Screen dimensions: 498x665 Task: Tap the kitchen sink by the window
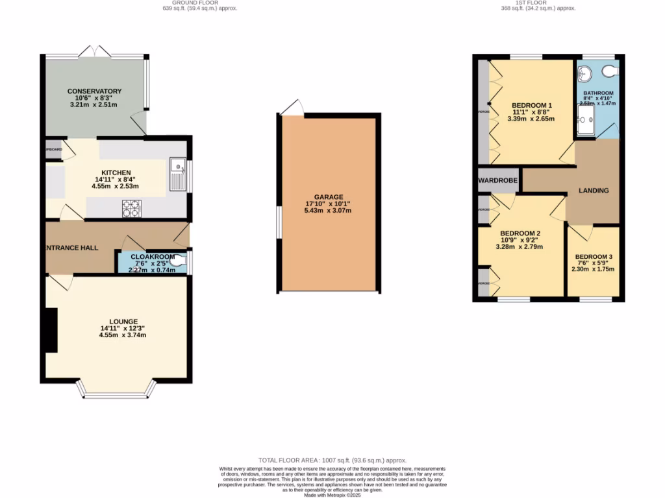[177, 174]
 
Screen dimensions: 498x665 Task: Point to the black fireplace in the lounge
[50, 330]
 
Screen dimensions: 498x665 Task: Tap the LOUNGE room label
[123, 322]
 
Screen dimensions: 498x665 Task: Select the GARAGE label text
[328, 196]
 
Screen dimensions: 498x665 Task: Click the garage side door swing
[292, 108]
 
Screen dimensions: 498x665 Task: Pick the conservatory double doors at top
[95, 51]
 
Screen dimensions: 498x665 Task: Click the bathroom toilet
[609, 71]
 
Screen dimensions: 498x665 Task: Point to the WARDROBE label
[497, 180]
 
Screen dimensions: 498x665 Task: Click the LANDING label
[594, 191]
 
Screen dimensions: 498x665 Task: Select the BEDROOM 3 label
[593, 257]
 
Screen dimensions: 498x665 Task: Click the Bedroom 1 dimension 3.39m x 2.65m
[531, 119]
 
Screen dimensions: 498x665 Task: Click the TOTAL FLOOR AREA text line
[332, 458]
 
